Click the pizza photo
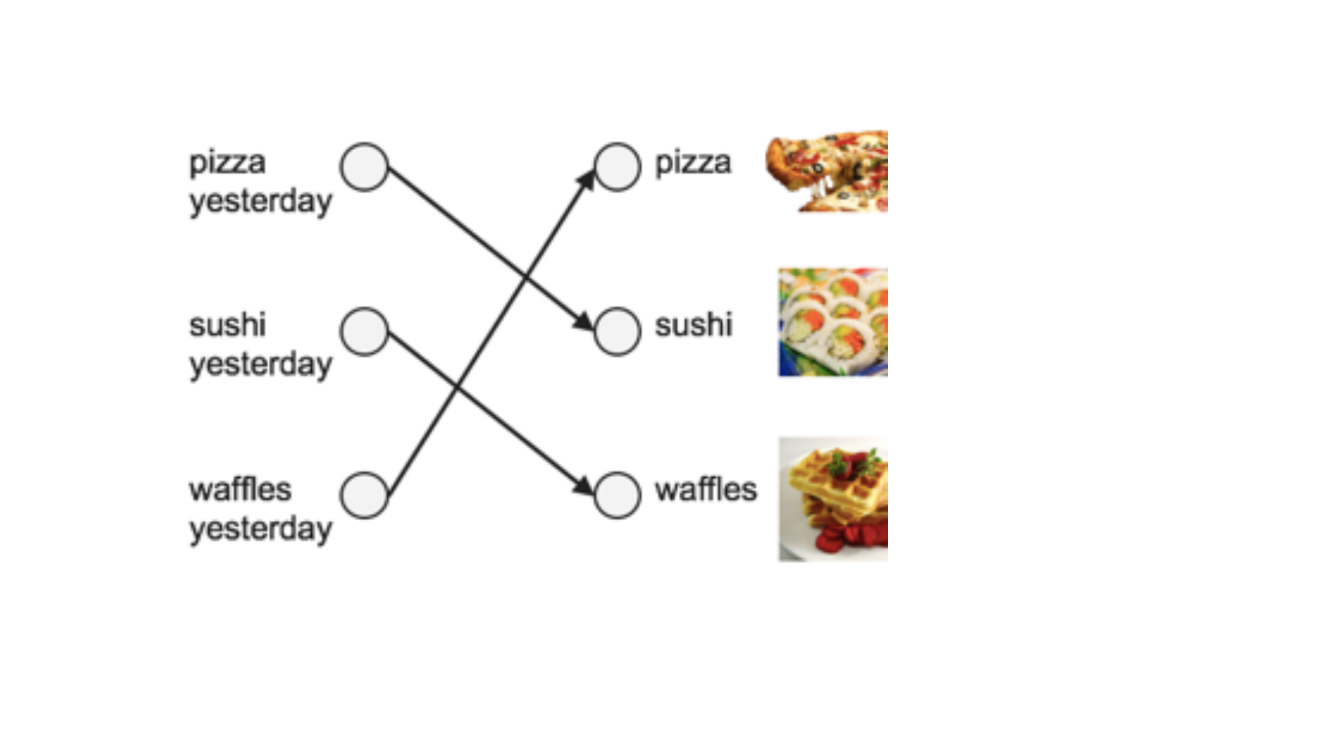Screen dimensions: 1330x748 (x=826, y=171)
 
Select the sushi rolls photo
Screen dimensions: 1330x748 (x=833, y=322)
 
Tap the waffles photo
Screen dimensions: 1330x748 (x=833, y=499)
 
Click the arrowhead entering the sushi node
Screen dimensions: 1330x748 (x=584, y=321)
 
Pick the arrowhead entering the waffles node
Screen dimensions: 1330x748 (x=584, y=486)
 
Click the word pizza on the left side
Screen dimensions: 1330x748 (x=227, y=163)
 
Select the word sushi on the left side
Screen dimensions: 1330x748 (x=227, y=325)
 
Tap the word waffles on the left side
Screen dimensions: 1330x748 (x=240, y=490)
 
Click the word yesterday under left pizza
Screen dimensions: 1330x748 (x=261, y=202)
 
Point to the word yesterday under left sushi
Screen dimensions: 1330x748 (x=261, y=365)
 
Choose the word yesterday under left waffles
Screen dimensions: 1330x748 (x=261, y=529)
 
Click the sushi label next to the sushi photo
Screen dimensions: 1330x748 (x=693, y=325)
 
